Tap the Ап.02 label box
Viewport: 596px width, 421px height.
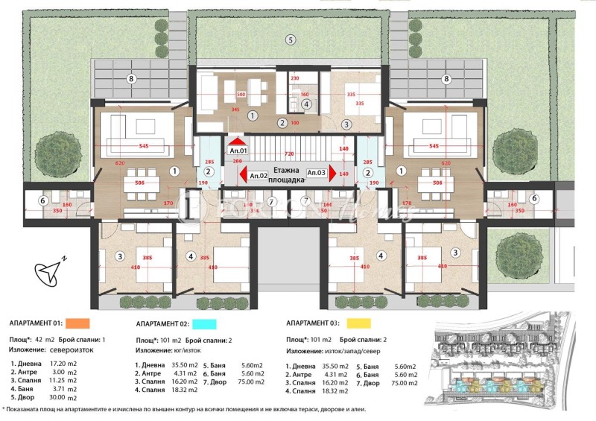pos(259,176)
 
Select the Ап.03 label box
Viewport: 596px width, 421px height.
pos(317,173)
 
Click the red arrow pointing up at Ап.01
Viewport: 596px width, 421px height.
pos(237,139)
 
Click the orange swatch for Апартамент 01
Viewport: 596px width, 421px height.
pos(77,323)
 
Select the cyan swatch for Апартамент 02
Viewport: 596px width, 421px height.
pos(203,325)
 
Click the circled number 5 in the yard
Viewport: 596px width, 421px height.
pos(291,39)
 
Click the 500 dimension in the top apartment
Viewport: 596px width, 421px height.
pos(241,95)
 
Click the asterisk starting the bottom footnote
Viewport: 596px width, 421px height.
pos(4,411)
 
